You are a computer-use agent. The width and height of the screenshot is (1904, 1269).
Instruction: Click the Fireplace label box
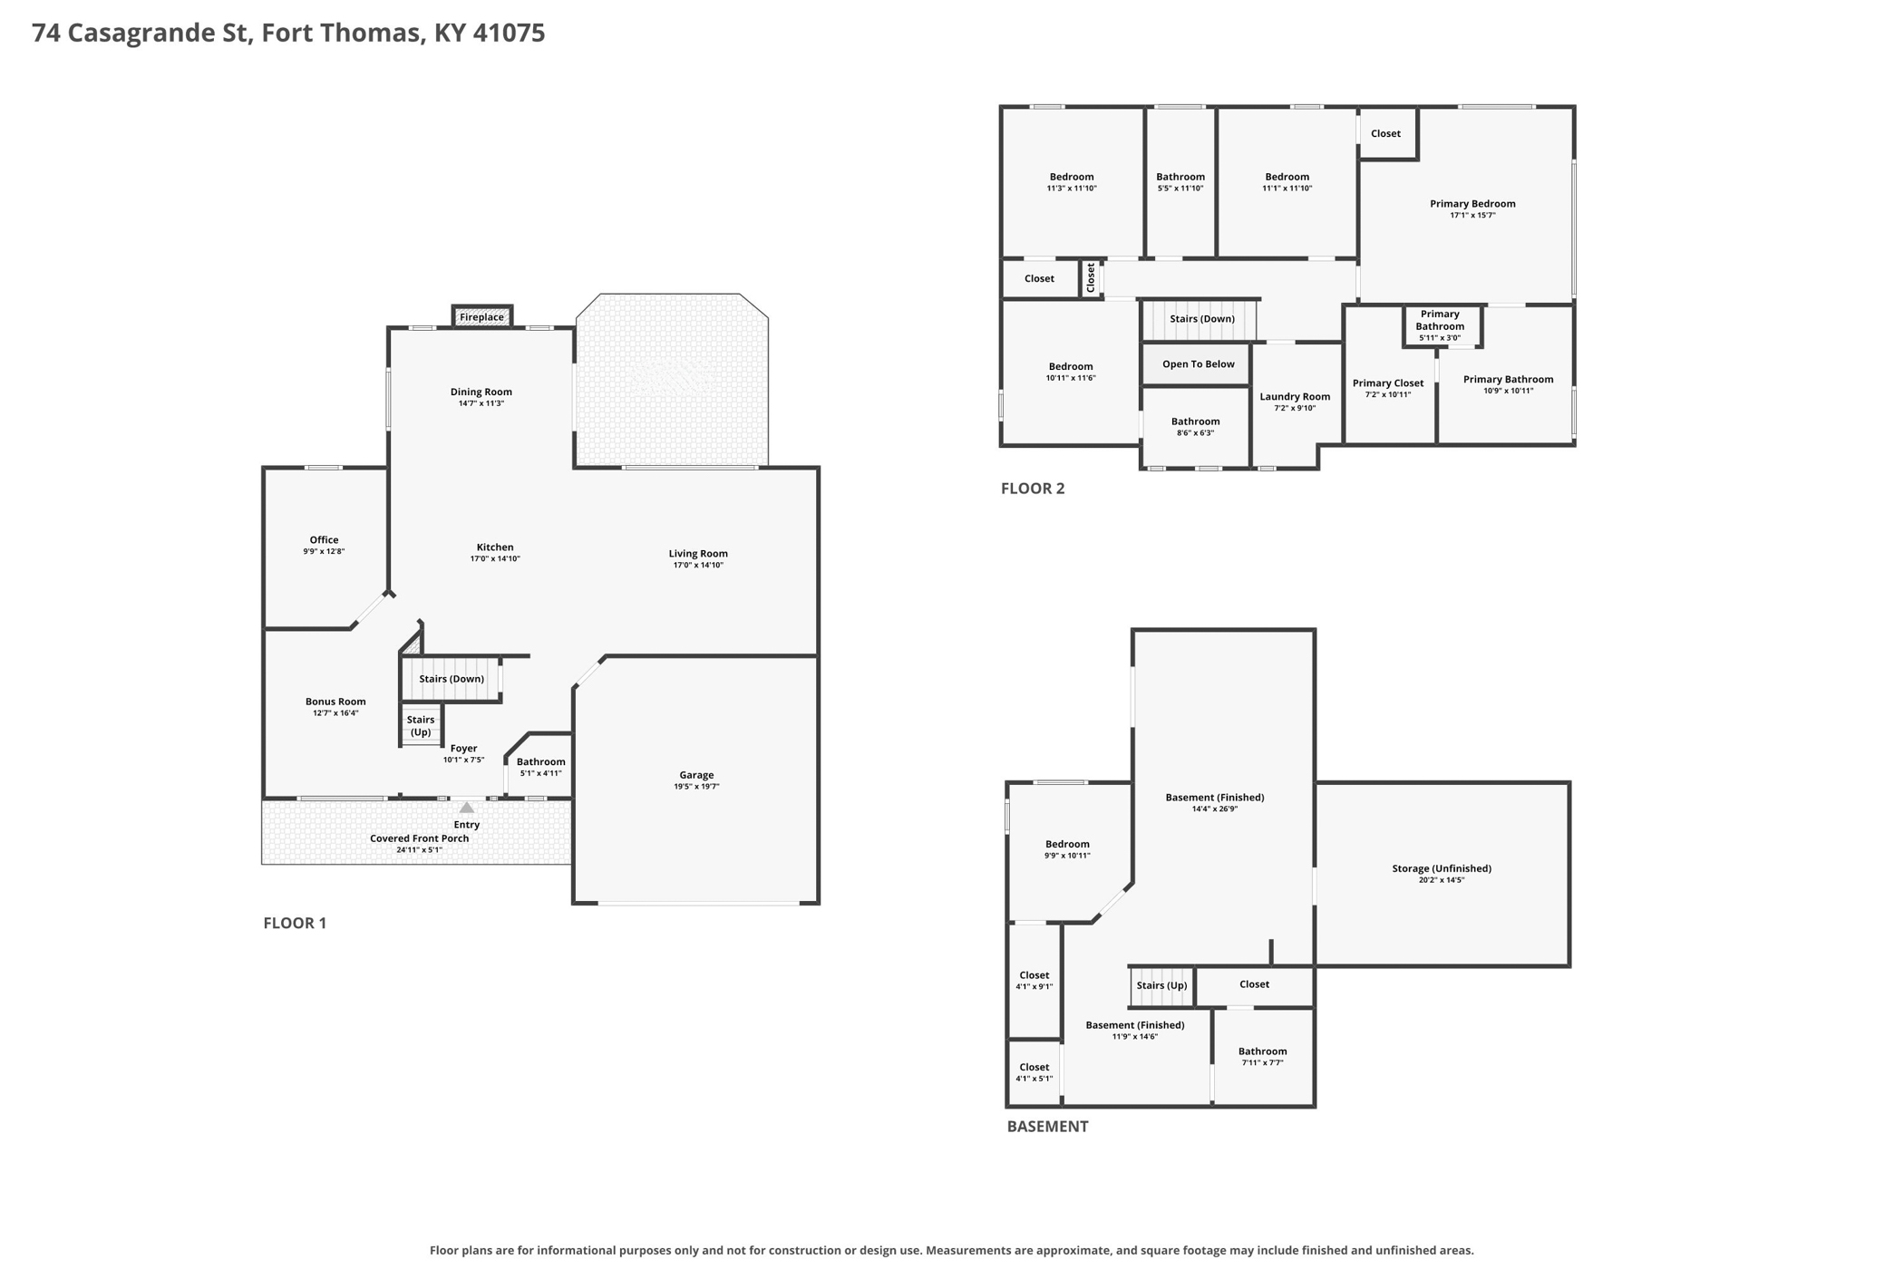[481, 316]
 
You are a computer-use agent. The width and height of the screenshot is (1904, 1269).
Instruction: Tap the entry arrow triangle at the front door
[466, 807]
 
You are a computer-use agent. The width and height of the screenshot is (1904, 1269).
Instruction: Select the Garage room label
[696, 775]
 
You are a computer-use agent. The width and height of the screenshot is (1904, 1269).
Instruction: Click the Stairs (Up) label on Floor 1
[421, 726]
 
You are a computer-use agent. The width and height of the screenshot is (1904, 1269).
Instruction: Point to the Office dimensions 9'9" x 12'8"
[324, 551]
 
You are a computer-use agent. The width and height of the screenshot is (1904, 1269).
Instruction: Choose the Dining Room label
[481, 392]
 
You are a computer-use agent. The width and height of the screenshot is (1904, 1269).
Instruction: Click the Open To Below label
[1199, 364]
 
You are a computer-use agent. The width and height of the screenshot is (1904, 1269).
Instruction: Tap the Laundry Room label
[1295, 396]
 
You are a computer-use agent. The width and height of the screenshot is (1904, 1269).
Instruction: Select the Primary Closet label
[1388, 383]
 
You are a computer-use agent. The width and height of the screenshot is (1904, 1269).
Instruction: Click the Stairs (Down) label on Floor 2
[1202, 319]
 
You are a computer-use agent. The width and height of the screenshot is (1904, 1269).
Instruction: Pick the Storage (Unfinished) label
[1442, 868]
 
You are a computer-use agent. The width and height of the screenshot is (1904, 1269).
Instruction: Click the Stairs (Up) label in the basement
[1161, 985]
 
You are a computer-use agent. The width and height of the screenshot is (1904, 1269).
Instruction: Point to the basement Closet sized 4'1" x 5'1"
[1035, 1072]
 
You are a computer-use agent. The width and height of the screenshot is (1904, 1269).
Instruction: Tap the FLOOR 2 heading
[1033, 489]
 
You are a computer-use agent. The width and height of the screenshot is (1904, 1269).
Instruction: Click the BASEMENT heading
[1047, 1127]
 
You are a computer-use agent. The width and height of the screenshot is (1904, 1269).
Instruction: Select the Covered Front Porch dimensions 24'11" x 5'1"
[419, 850]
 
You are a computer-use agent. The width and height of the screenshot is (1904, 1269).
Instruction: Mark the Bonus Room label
[335, 702]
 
